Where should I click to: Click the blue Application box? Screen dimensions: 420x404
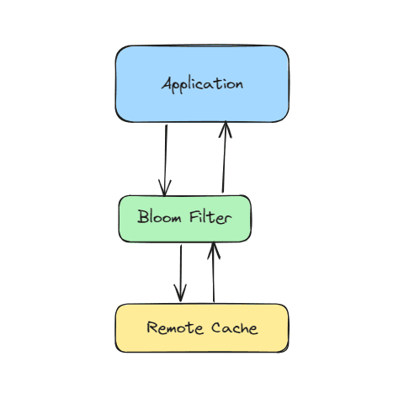[202, 83]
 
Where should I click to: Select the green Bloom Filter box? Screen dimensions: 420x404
[185, 219]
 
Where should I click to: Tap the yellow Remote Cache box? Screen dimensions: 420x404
[202, 327]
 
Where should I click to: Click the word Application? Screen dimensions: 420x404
[202, 84]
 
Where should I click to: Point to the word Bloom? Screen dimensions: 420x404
[159, 216]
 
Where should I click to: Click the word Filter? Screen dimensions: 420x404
[210, 217]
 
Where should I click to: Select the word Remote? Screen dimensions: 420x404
[175, 327]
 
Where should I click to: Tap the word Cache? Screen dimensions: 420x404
[235, 327]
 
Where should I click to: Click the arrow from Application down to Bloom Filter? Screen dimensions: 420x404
[166, 160]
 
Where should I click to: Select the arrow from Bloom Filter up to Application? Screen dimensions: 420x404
[224, 157]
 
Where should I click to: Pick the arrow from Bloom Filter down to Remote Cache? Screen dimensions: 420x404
[180, 274]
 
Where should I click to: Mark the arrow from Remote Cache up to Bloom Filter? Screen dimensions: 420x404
[213, 272]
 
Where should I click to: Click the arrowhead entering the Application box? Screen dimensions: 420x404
[226, 129]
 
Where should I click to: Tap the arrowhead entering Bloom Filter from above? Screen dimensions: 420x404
[165, 188]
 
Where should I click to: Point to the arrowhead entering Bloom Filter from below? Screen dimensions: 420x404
[214, 251]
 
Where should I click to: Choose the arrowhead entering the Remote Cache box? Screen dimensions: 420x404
[180, 294]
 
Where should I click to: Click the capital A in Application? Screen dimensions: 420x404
[167, 83]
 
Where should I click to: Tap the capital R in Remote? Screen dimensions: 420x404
[152, 327]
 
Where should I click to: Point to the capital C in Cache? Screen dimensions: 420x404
[217, 327]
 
